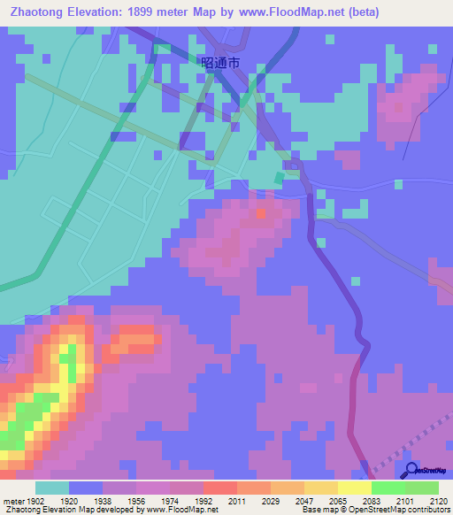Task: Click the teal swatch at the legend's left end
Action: pyautogui.click(x=52, y=488)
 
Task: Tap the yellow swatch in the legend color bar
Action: pyautogui.click(x=354, y=488)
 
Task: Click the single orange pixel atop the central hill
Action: pyautogui.click(x=260, y=213)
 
